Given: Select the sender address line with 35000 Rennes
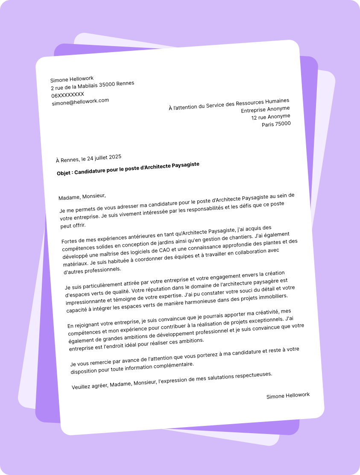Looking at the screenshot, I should click(92, 86).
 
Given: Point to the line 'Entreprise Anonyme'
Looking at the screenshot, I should click(265, 109).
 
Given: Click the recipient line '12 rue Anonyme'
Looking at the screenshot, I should click(270, 117).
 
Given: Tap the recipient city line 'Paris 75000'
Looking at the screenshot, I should click(276, 124).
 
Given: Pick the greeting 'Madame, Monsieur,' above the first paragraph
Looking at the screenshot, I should click(82, 196).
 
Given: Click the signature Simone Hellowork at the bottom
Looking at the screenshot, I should click(288, 396).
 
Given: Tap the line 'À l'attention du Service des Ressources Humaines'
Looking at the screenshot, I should click(229, 104).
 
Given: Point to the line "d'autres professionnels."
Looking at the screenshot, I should click(92, 270).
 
